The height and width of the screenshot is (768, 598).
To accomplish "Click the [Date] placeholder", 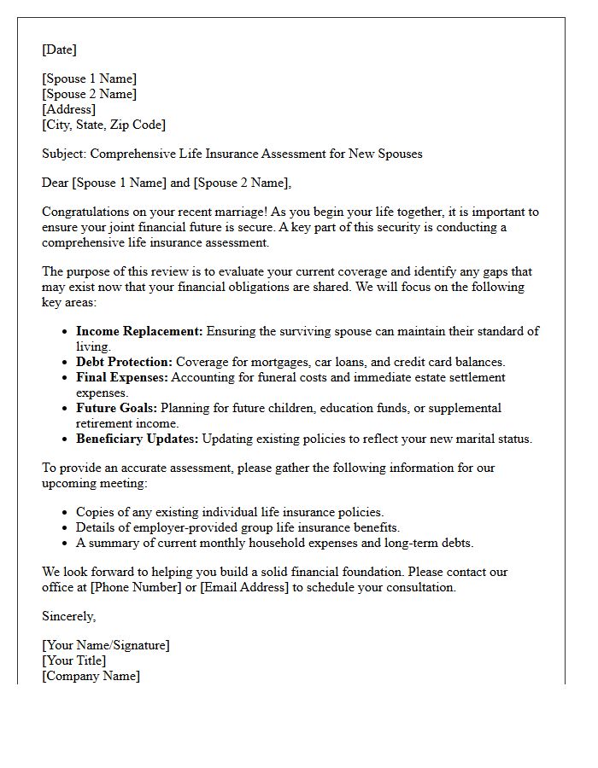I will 59,49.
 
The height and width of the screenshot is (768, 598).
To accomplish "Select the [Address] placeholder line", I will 68,109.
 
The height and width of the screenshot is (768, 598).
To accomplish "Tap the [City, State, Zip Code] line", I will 103,125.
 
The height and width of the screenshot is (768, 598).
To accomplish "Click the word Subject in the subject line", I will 63,154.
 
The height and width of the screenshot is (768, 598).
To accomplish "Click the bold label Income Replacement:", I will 139,331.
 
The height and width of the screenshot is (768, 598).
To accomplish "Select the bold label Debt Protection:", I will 124,362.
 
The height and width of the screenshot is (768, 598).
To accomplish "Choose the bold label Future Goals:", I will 116,408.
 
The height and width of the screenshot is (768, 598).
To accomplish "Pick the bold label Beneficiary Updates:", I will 137,439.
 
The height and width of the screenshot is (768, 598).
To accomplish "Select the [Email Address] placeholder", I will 244,587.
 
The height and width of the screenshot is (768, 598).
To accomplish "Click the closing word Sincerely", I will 68,616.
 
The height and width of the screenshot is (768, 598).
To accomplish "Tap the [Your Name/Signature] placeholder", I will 105,645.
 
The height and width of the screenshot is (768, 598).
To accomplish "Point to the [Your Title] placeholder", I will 73,660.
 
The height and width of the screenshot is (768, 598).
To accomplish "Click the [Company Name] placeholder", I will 91,676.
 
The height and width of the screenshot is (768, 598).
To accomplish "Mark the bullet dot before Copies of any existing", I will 65,513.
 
